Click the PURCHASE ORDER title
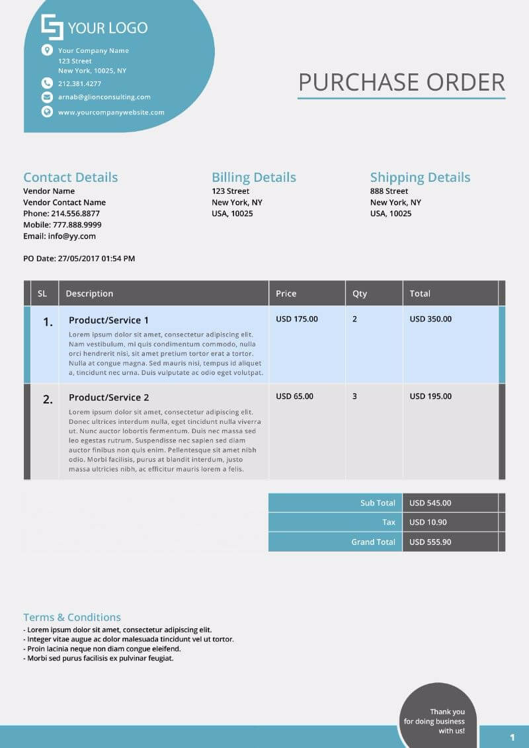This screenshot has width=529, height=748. pos(401,83)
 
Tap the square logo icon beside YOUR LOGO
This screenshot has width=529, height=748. pos(52,27)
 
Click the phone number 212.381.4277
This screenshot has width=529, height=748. pos(79,83)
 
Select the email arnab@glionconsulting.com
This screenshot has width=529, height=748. pos(104,97)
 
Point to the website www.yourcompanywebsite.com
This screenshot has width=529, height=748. pos(111,112)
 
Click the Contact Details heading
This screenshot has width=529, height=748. pos(71,177)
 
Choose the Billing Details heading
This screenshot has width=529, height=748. pos(254,177)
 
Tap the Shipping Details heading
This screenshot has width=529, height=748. pos(420,177)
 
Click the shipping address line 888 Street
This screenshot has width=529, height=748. pos(389,191)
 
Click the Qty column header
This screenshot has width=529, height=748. pos(360,294)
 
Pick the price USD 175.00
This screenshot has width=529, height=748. pos(297,319)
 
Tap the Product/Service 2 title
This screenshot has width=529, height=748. pos(109,397)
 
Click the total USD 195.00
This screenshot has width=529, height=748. pos(430,396)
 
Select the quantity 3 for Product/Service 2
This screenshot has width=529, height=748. pos(354,396)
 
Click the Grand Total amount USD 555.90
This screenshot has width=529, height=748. pos(430,542)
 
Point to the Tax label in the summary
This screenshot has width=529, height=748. pos(389,522)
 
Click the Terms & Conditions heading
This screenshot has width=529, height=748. pos(72,617)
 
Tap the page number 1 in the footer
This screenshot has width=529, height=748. pos(512,737)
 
